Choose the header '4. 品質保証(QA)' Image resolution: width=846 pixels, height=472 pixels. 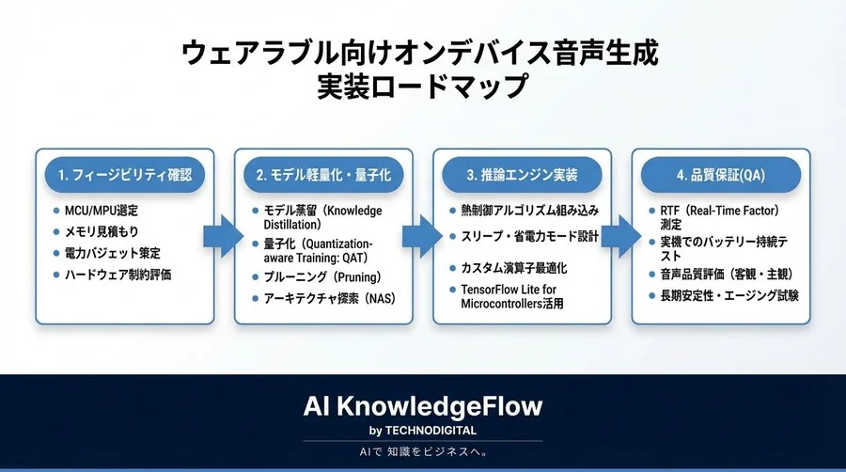(x=720, y=175)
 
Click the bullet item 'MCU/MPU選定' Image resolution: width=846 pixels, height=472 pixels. (x=103, y=210)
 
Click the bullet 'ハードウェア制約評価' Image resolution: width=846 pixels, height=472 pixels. (x=118, y=275)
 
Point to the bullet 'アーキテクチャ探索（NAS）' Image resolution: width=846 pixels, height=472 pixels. (x=325, y=298)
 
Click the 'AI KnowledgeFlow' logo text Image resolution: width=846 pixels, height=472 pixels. (x=422, y=406)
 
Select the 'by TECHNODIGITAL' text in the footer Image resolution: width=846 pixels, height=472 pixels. (x=422, y=431)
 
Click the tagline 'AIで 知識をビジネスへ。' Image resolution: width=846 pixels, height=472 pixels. (x=422, y=452)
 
